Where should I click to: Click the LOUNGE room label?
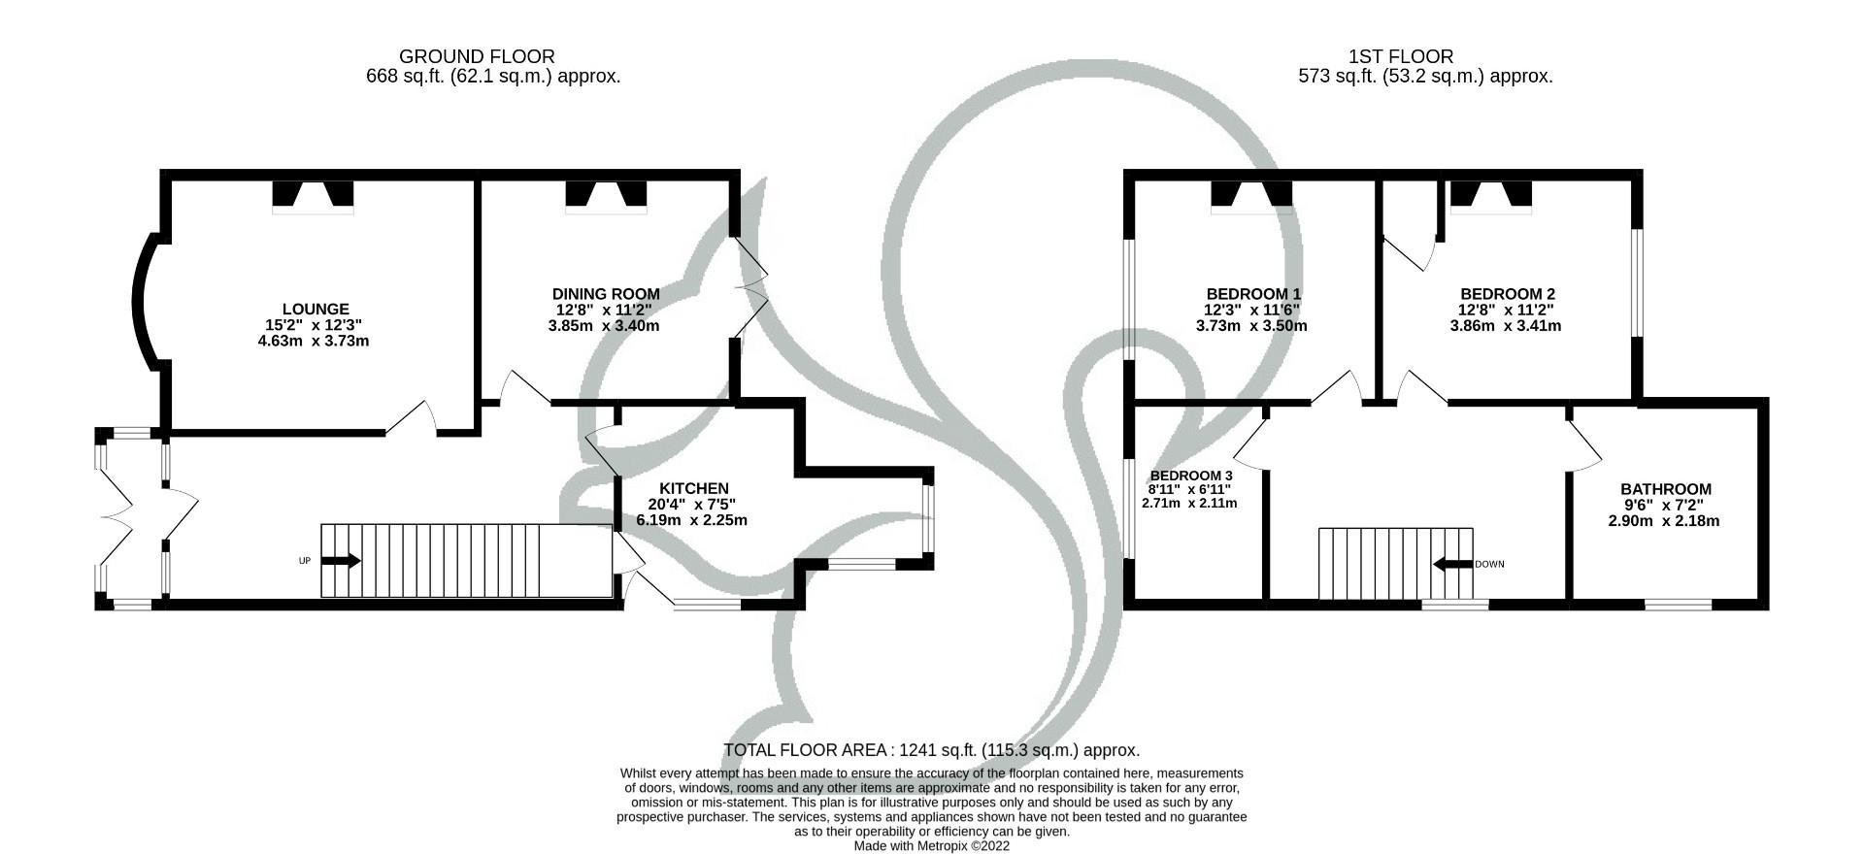[316, 310]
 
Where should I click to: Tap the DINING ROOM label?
[606, 294]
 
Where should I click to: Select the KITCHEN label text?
[693, 488]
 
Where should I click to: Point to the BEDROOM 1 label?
[1253, 294]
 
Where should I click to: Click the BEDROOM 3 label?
[1190, 476]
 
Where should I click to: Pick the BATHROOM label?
[1665, 489]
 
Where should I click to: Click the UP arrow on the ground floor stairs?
[341, 561]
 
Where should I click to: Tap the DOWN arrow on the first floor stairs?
[1452, 564]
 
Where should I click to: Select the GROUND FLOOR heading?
[477, 57]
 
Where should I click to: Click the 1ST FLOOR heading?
[1400, 57]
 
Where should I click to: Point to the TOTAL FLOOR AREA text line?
[931, 750]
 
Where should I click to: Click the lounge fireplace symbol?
[313, 195]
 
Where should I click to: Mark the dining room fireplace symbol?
[606, 195]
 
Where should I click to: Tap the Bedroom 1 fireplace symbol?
[1251, 195]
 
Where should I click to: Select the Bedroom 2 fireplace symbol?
[1491, 195]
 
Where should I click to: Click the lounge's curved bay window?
[142, 302]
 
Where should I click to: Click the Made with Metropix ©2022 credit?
[931, 846]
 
